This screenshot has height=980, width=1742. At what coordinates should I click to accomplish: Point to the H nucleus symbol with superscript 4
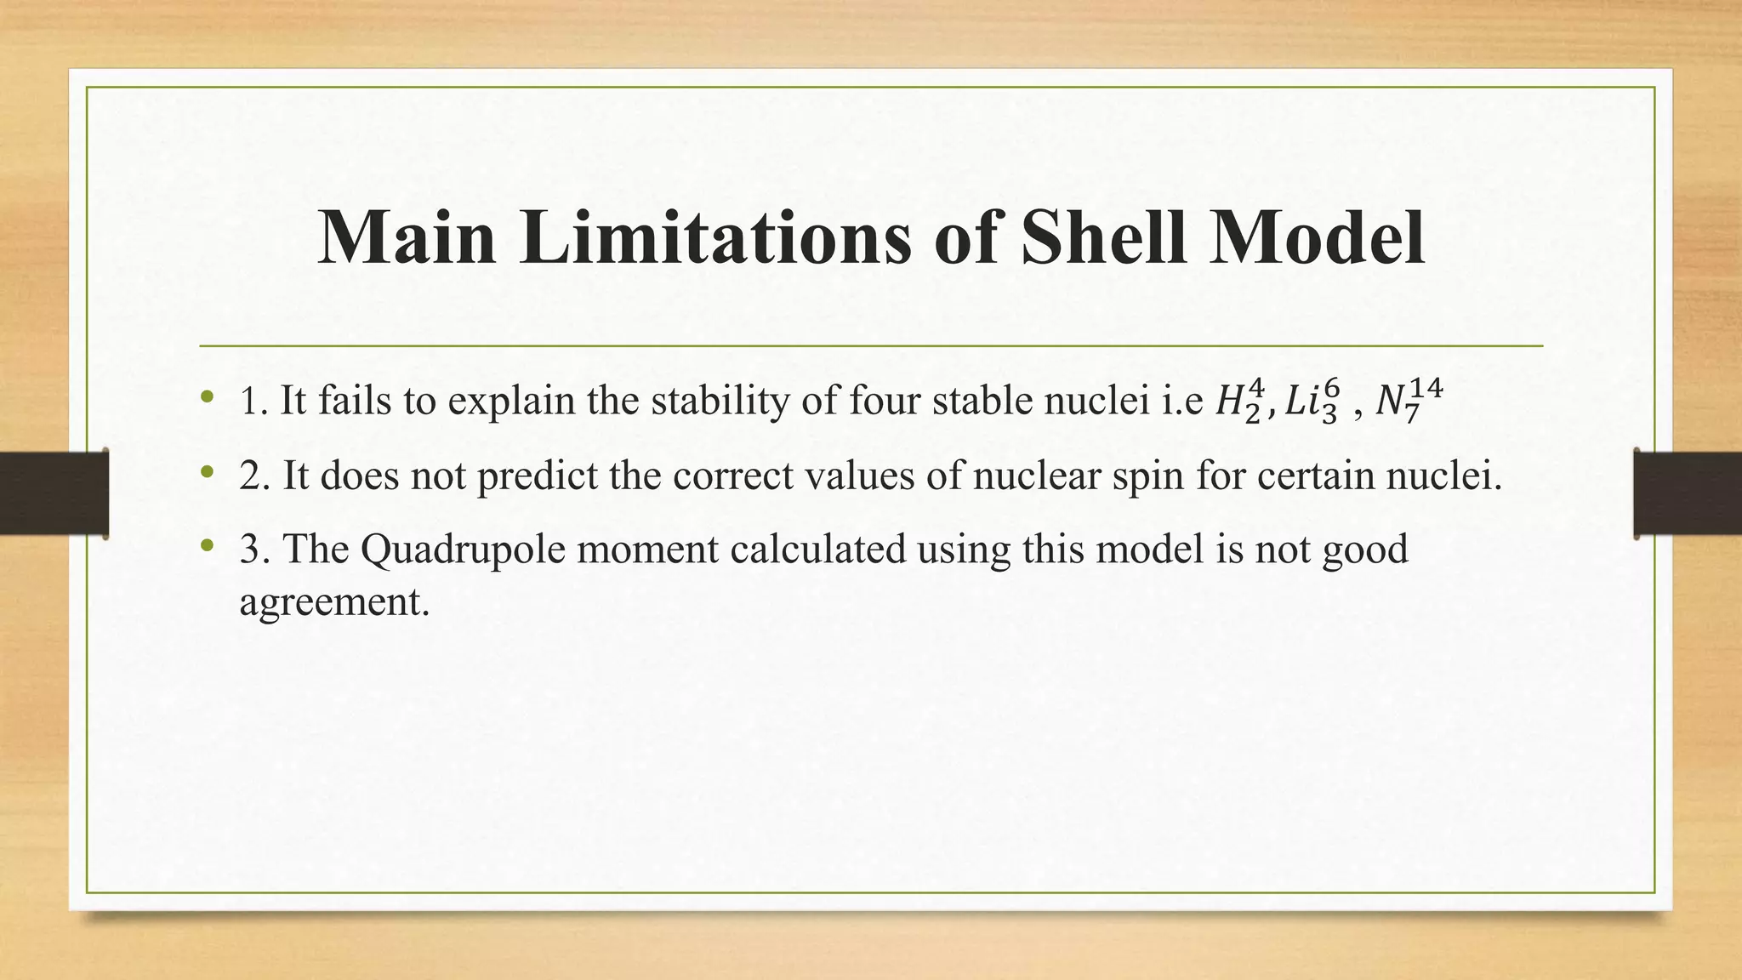(x=1241, y=401)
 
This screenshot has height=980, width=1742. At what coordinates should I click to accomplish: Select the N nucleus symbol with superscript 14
(x=1409, y=401)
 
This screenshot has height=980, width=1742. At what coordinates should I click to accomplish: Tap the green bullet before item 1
(x=206, y=397)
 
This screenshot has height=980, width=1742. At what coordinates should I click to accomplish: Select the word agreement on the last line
(x=334, y=602)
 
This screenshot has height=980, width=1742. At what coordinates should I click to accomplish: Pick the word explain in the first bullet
(x=511, y=402)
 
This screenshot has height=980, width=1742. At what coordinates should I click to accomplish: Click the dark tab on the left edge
(x=54, y=493)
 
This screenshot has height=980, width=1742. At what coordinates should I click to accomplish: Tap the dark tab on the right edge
(x=1688, y=493)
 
